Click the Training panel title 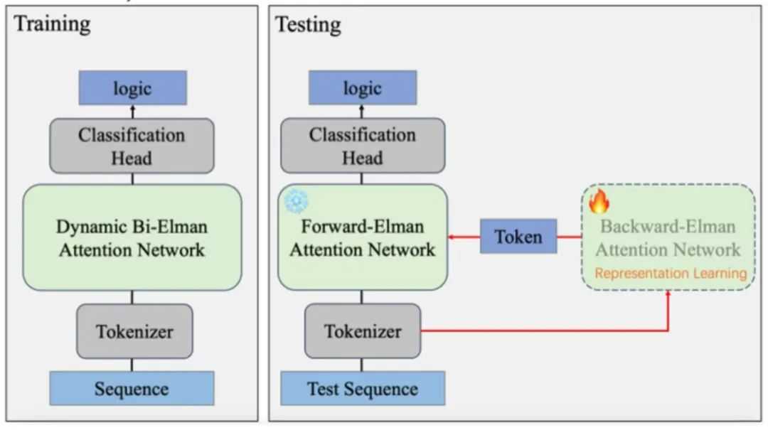coord(53,23)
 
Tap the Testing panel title coord(308,25)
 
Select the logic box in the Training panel coord(132,88)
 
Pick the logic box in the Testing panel coord(363,88)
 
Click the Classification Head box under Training coord(132,146)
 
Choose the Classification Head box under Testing coord(363,146)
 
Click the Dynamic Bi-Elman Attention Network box coord(132,237)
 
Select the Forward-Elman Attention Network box coord(363,237)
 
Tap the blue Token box coord(518,237)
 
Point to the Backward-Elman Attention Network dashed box coord(668,237)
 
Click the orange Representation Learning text coord(671,274)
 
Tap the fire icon coord(599,203)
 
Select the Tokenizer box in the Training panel coord(134,331)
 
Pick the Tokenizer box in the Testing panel coord(363,331)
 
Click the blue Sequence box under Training coord(132,389)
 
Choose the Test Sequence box coord(363,389)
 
